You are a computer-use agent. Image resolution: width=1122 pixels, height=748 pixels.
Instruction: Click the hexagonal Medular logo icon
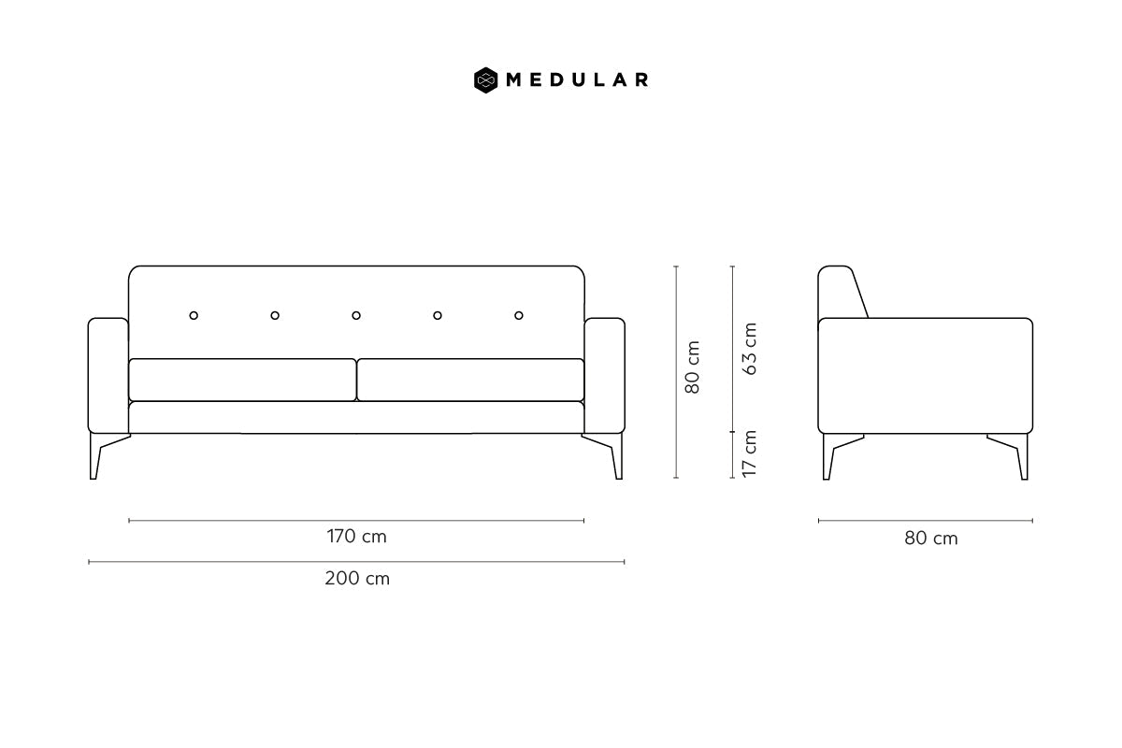click(x=485, y=80)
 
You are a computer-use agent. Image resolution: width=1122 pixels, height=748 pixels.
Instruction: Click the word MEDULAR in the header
click(x=577, y=80)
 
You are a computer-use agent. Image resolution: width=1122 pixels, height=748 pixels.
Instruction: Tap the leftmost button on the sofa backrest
click(x=194, y=315)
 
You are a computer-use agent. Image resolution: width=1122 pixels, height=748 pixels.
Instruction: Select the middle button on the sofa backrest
click(x=356, y=315)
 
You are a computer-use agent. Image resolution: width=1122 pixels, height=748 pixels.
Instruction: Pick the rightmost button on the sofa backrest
click(x=519, y=315)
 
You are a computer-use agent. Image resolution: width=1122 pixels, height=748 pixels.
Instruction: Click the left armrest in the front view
click(x=108, y=375)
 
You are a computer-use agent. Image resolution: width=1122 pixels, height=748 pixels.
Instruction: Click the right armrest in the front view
click(x=605, y=375)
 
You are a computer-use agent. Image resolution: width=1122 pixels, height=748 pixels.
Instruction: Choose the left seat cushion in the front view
click(x=242, y=380)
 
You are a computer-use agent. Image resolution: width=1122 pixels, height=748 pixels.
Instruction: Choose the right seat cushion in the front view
click(x=470, y=380)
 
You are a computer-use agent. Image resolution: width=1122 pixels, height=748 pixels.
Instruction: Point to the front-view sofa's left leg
click(x=95, y=456)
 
